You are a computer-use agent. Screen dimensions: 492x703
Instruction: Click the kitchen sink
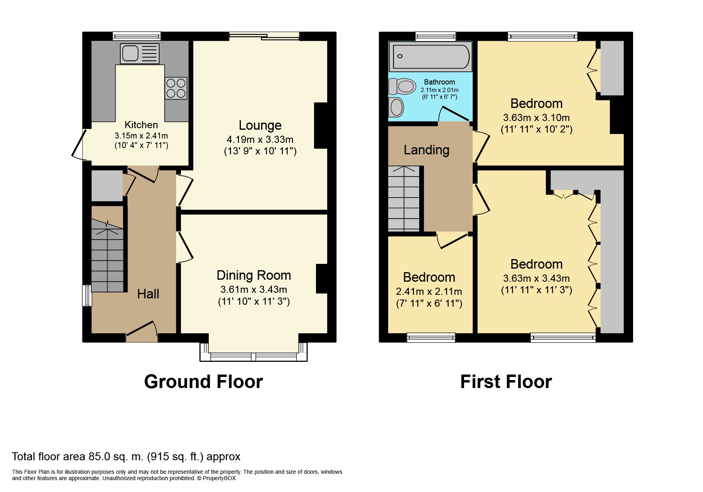[x=139, y=54]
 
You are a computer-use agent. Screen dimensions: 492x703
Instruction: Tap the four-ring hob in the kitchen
[x=176, y=88]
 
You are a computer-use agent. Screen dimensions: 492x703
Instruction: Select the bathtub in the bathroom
[x=431, y=57]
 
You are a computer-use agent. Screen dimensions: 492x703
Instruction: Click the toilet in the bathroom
[x=403, y=86]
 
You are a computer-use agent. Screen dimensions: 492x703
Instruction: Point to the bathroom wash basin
[x=397, y=107]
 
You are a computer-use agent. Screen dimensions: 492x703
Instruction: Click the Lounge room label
[x=260, y=125]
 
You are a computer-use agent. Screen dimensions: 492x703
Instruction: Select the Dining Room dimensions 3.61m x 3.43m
[x=254, y=290]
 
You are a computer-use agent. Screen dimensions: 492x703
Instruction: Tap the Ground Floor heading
[x=203, y=382]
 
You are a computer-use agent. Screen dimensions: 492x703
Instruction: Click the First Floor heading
[x=506, y=382]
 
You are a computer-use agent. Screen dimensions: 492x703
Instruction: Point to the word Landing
[x=426, y=150]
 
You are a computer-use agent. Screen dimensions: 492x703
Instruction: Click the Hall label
[x=148, y=294]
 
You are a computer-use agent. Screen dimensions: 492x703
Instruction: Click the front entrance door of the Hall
[x=142, y=333]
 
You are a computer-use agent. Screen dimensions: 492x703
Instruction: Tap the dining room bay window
[x=253, y=356]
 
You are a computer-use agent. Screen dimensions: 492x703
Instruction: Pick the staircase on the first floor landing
[x=404, y=198]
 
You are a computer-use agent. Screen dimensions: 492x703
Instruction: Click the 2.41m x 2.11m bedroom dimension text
[x=429, y=292]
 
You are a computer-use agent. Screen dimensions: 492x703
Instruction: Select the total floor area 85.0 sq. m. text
[x=126, y=457]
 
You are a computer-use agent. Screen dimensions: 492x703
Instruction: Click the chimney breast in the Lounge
[x=321, y=125]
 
